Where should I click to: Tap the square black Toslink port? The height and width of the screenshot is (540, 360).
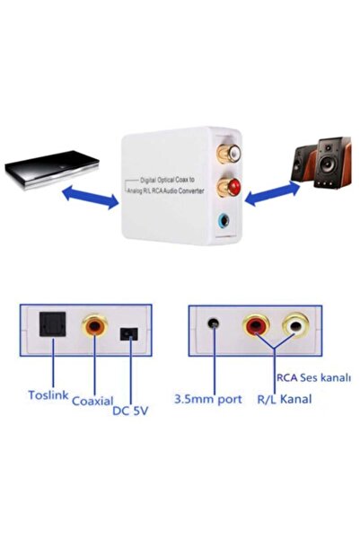coord(49,328)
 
